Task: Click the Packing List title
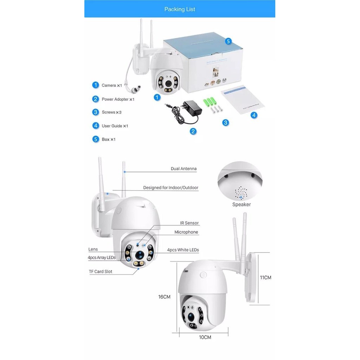180,9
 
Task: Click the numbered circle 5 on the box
228,41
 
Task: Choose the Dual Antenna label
184,169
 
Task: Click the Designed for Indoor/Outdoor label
171,188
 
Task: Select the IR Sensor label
189,223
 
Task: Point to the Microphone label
186,232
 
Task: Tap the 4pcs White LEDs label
183,250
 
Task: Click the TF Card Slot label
101,271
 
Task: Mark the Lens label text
93,249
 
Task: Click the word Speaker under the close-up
242,204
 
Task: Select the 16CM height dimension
164,297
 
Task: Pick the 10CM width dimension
205,337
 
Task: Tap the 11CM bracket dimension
265,277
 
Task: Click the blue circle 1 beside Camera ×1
95,85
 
